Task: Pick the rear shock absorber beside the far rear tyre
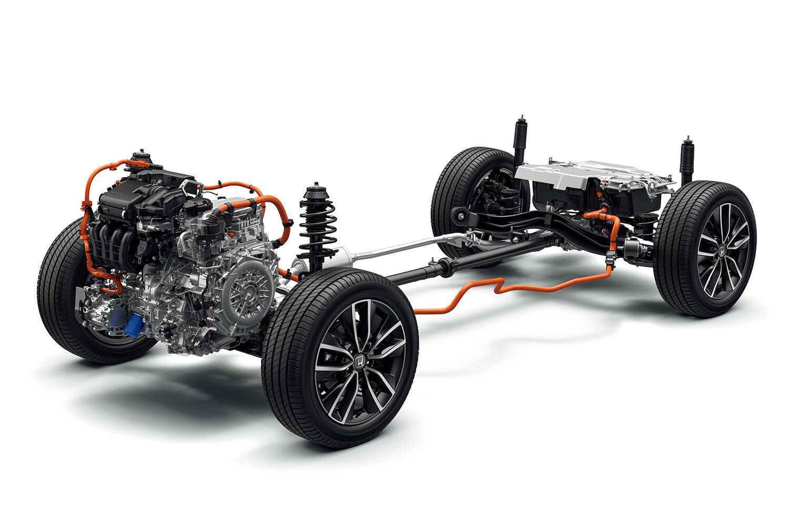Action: [x=521, y=139]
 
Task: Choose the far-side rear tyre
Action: [x=463, y=184]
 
